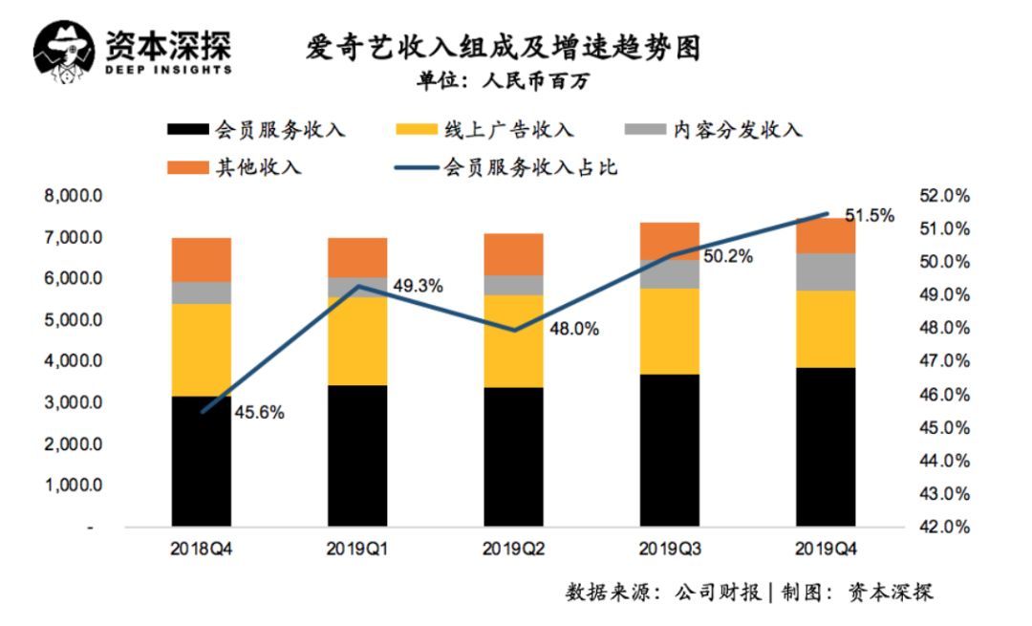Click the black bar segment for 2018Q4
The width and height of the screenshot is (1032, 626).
tap(202, 462)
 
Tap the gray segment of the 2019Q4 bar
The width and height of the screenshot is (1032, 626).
tap(826, 271)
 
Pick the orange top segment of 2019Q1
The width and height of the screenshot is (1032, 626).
tap(357, 257)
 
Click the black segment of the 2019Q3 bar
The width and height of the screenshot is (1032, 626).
tap(670, 450)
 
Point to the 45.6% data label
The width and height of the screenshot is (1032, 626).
tap(259, 413)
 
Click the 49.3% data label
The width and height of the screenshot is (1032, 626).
tap(418, 285)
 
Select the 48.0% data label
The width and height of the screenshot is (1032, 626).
tap(574, 329)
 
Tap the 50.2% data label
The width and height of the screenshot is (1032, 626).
tap(728, 256)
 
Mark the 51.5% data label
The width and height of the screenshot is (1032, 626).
tap(870, 216)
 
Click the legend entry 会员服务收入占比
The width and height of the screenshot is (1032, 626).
tap(529, 168)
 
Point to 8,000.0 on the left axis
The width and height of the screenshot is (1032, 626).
tap(75, 196)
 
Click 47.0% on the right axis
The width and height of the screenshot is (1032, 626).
tap(944, 361)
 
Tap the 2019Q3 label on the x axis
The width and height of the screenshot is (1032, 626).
tap(670, 550)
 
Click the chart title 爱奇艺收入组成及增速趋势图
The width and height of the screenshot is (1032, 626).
tap(502, 48)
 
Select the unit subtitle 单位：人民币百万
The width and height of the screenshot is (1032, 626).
tap(503, 81)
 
